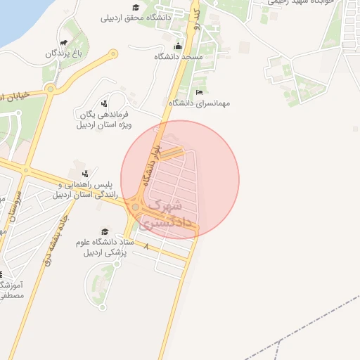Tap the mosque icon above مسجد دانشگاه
[x=178, y=46]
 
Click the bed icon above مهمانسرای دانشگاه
[x=199, y=92]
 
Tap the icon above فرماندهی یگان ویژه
[x=105, y=103]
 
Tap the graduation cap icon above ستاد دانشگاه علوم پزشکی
[x=105, y=231]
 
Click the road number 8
[x=146, y=247]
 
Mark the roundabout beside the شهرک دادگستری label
[x=135, y=207]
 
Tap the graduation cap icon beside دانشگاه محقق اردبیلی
[x=136, y=7]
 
